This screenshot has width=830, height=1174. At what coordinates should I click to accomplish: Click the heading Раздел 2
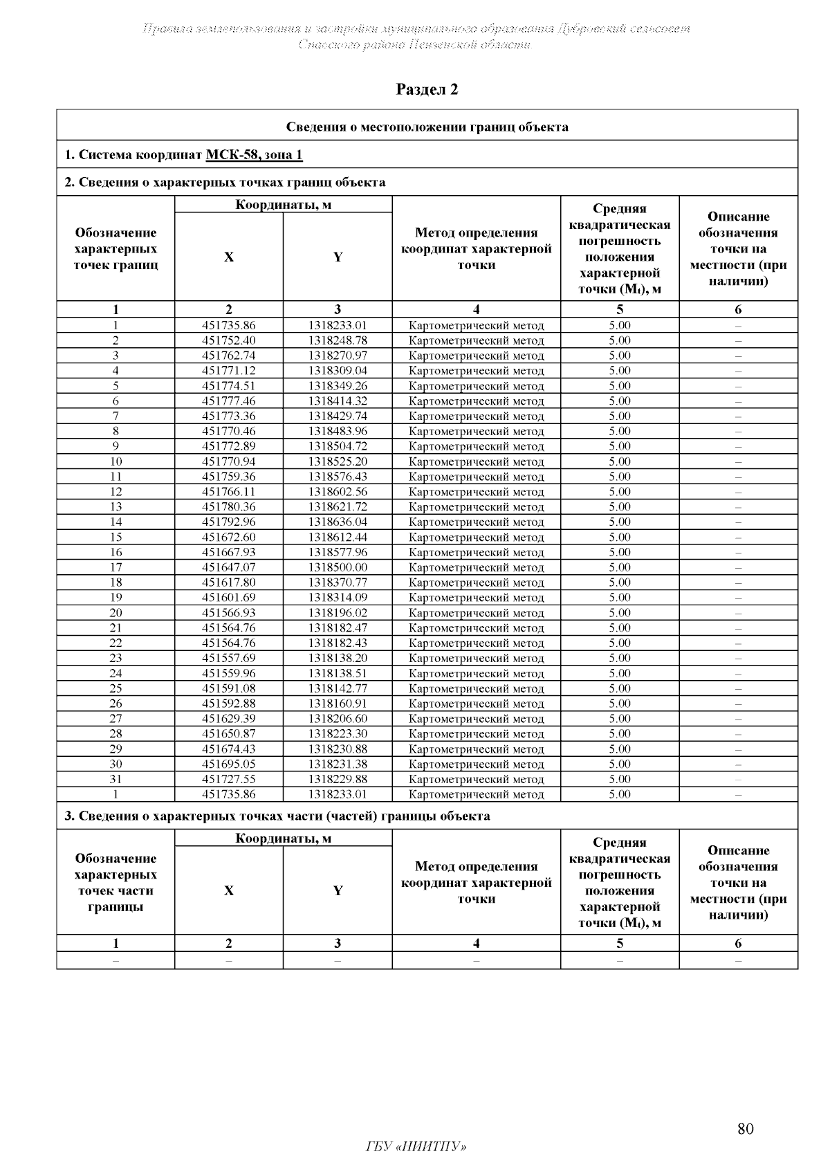[427, 89]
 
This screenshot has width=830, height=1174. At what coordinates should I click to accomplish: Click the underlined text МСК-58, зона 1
[254, 154]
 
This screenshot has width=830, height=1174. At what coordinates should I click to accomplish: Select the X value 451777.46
[228, 401]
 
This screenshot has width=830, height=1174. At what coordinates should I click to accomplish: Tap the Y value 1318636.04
[338, 522]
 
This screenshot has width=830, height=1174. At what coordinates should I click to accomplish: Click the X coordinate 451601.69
[228, 597]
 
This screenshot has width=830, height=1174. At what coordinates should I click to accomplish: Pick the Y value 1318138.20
[338, 658]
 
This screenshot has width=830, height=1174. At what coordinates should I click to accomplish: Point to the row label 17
[116, 567]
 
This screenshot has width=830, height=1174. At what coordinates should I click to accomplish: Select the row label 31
[116, 779]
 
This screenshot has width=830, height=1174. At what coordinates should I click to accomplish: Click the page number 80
[745, 1129]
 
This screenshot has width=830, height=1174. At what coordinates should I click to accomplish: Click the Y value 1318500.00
[338, 567]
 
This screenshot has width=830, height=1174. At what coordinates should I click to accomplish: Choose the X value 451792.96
[228, 522]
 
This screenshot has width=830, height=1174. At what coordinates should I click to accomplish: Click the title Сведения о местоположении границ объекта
[427, 127]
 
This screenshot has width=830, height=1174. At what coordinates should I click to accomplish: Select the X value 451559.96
[228, 673]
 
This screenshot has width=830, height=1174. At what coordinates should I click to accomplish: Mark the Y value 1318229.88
[338, 779]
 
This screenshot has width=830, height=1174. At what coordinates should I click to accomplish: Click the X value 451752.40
[228, 340]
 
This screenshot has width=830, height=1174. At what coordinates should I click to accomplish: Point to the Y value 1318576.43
[338, 477]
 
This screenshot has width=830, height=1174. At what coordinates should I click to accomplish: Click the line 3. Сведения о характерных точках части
[277, 816]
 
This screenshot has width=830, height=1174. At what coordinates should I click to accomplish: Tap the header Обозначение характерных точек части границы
[116, 883]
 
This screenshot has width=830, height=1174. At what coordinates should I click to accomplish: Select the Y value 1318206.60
[338, 719]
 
